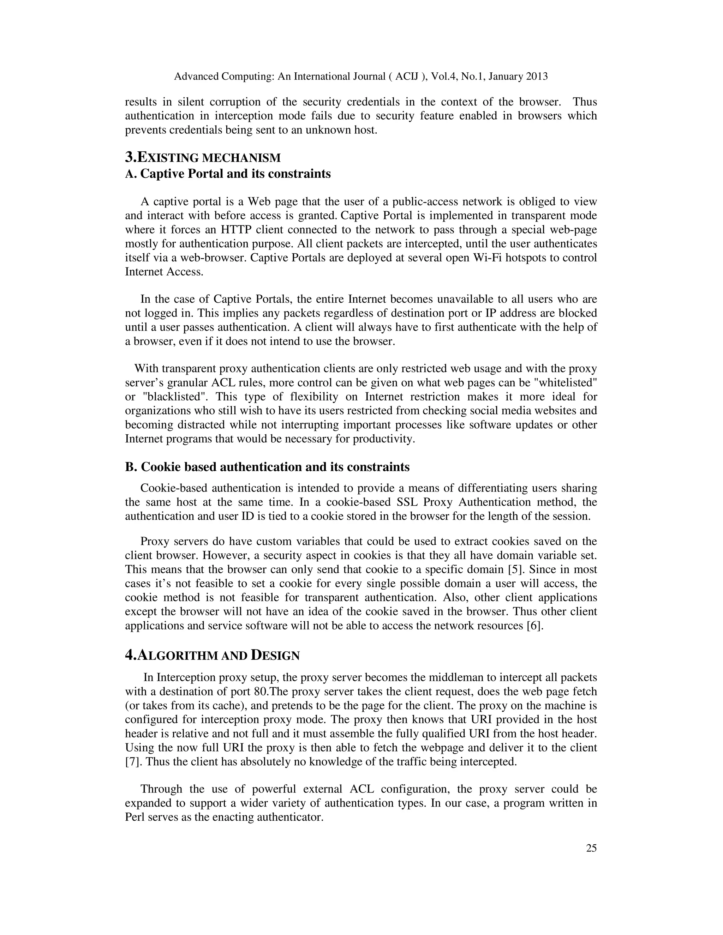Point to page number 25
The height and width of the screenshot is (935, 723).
(x=591, y=857)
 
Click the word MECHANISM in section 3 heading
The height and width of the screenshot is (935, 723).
(x=241, y=158)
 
